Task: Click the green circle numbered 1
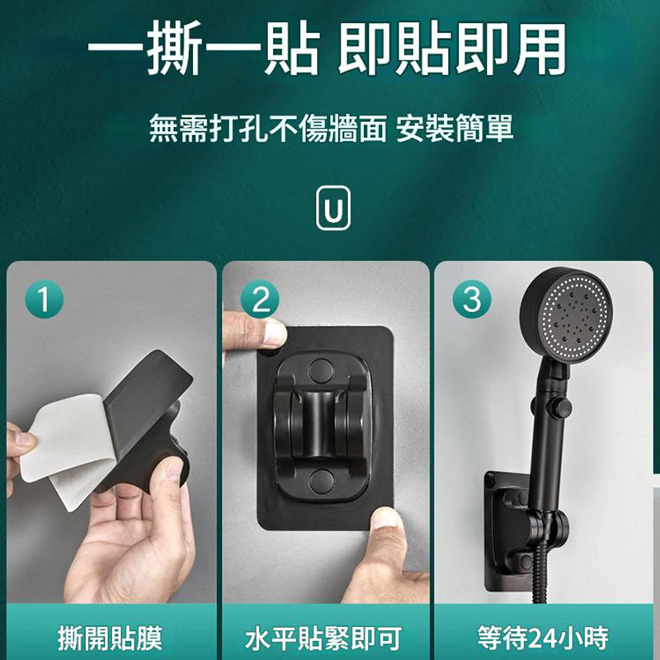[x=45, y=299]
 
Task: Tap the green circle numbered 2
[x=260, y=299]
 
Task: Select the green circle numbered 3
[x=472, y=299]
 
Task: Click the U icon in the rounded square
[x=333, y=208]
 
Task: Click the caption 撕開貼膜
[x=111, y=638]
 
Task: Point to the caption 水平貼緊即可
[x=323, y=638]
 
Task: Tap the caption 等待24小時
[x=543, y=638]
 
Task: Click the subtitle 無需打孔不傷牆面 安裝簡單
[x=332, y=128]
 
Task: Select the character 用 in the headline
[x=540, y=48]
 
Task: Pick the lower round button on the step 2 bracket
[x=321, y=481]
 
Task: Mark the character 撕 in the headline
[x=175, y=48]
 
